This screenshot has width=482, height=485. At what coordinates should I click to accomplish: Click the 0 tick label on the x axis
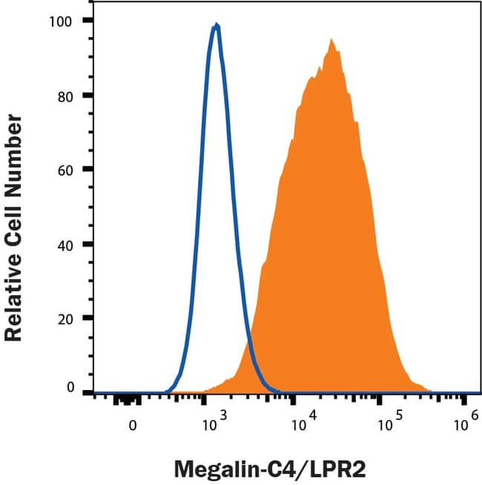(x=133, y=426)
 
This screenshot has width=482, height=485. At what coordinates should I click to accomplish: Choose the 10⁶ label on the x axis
(x=464, y=423)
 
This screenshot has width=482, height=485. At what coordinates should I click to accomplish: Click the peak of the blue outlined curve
(x=216, y=25)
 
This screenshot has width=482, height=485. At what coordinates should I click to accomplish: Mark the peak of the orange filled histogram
(x=331, y=40)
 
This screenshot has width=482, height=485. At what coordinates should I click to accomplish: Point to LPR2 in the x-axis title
(x=339, y=469)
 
